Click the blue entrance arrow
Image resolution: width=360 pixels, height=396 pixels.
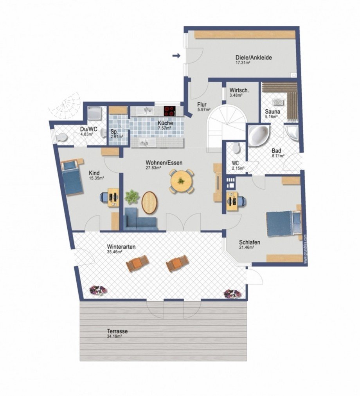pyautogui.click(x=176, y=56)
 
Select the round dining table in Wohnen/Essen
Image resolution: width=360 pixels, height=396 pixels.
pyautogui.click(x=182, y=181)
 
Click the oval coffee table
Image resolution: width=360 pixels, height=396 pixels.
pyautogui.click(x=149, y=203)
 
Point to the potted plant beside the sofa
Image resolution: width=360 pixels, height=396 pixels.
pyautogui.click(x=132, y=197)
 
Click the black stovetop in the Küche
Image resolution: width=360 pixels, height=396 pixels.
pyautogui.click(x=170, y=111)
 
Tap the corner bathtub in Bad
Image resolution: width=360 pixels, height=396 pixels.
pyautogui.click(x=258, y=134)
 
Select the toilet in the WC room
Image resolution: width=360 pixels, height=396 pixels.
pyautogui.click(x=236, y=148)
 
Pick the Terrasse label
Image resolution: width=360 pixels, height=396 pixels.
pyautogui.click(x=117, y=331)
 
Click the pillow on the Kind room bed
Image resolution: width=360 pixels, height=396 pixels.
pyautogui.click(x=69, y=165)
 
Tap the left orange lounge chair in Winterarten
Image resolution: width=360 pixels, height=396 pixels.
pyautogui.click(x=137, y=263)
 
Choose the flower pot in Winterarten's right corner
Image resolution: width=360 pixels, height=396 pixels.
pyautogui.click(x=232, y=293)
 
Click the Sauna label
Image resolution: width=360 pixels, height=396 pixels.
pyautogui.click(x=272, y=111)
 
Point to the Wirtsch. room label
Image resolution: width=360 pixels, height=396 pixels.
pyautogui.click(x=239, y=90)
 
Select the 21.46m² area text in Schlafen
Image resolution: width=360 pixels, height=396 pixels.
pyautogui.click(x=246, y=247)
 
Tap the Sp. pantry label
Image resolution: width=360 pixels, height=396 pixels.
pyautogui.click(x=114, y=132)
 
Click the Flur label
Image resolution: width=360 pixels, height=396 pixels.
pyautogui.click(x=202, y=105)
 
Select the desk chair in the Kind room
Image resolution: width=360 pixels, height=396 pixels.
pyautogui.click(x=104, y=197)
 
